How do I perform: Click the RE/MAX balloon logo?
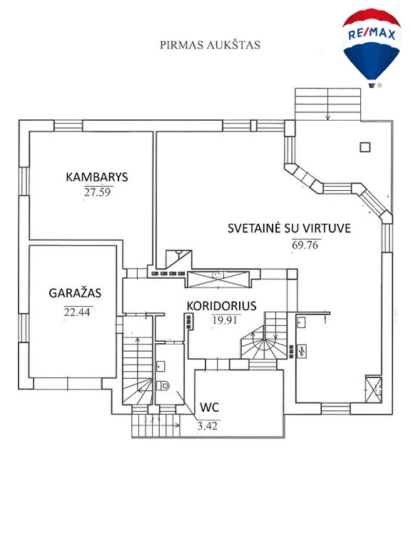[371, 48]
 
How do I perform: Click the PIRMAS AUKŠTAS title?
[210, 45]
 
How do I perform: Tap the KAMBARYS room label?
[97, 177]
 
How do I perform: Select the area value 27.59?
[97, 192]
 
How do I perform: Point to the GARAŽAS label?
[75, 292]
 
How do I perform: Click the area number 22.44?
[77, 312]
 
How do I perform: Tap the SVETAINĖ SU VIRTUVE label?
[290, 228]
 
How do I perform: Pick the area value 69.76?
[305, 244]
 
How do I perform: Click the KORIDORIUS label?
[221, 306]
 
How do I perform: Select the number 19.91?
[225, 320]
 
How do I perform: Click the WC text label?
[209, 407]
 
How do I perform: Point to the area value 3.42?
[207, 426]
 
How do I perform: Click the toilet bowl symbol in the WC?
[163, 385]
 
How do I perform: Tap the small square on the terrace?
[365, 147]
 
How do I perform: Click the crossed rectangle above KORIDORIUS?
[219, 280]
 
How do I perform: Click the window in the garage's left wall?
[24, 327]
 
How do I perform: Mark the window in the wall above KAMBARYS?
[68, 126]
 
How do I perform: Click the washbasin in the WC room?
[161, 366]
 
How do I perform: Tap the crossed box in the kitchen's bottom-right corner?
[373, 389]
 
